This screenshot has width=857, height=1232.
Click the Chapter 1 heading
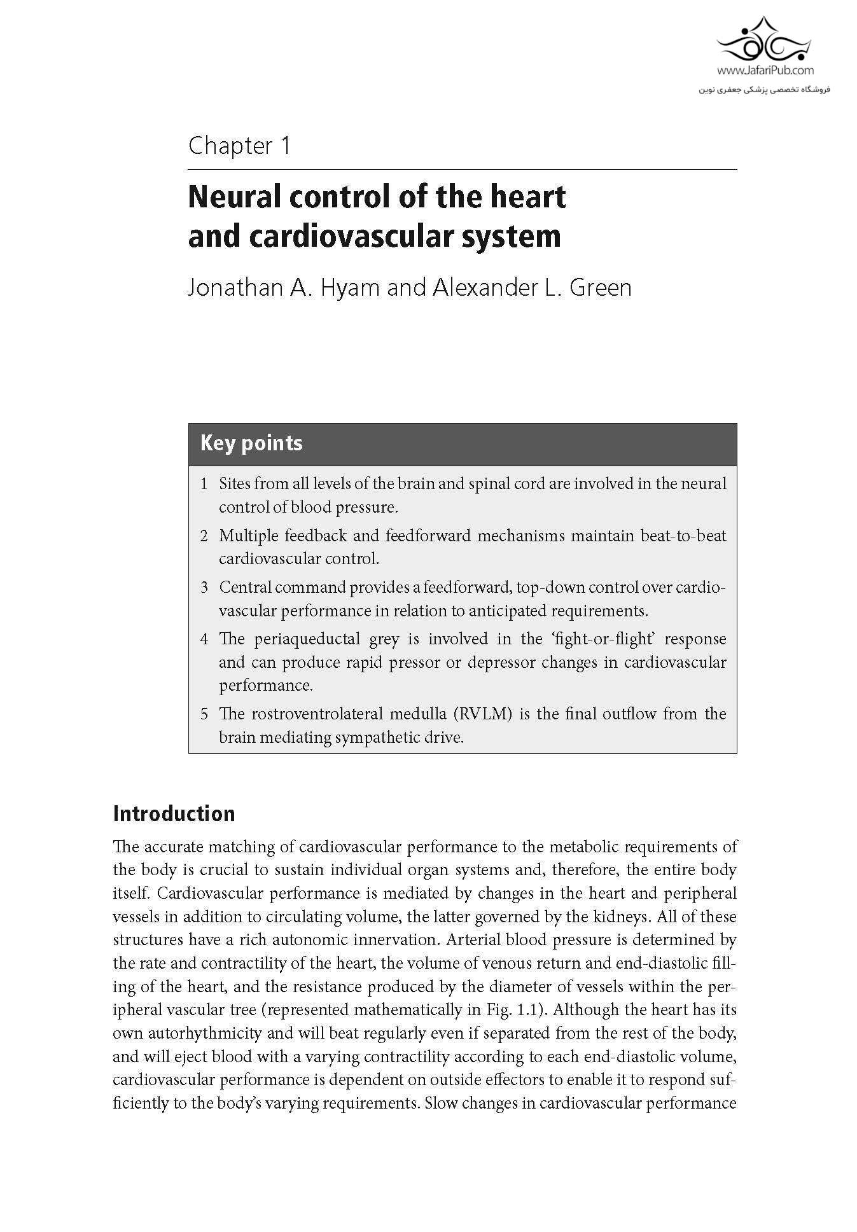pos(239,146)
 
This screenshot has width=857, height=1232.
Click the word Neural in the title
pos(233,197)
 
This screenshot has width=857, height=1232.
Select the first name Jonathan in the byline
pos(230,287)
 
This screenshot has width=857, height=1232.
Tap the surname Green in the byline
pos(600,287)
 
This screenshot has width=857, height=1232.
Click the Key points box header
pos(251,443)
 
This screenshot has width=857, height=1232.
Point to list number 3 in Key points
pos(204,587)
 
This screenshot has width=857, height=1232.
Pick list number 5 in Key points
pos(204,714)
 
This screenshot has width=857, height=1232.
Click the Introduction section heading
pos(174,814)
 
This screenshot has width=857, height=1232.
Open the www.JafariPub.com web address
pos(765,71)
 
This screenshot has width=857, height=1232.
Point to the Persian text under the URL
pos(765,90)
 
